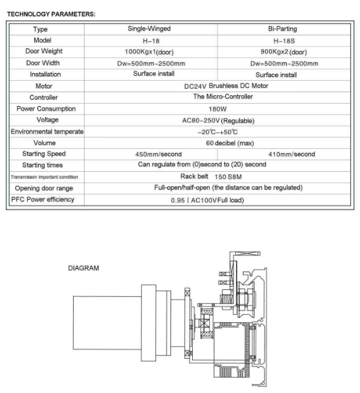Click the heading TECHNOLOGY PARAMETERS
tap(51, 14)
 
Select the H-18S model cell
tap(284, 41)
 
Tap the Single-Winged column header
tap(149, 29)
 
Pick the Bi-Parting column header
tap(282, 29)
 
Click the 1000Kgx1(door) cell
tap(149, 52)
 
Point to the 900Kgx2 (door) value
tap(284, 52)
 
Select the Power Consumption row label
tap(46, 109)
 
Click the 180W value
tap(218, 109)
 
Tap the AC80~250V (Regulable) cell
tap(218, 121)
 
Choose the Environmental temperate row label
tap(47, 132)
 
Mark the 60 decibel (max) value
tap(230, 143)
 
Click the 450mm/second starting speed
tap(158, 154)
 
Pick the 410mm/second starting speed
tap(291, 154)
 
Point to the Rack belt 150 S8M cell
tap(211, 176)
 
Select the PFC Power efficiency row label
tap(43, 200)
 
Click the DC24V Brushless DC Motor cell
tap(226, 86)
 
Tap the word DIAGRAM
tap(83, 268)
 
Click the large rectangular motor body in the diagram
tap(107, 323)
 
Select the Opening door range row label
tap(44, 188)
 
